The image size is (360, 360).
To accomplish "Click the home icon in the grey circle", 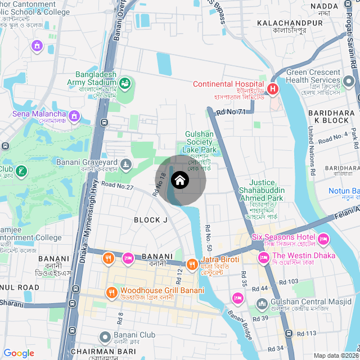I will tap(180, 181).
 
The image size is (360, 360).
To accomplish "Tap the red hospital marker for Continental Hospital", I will tap(273, 89).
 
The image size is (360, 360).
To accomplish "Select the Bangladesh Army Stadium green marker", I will tap(124, 84).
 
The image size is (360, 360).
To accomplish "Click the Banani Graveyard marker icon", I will tap(126, 165).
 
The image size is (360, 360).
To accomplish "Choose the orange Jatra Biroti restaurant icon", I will tap(191, 264).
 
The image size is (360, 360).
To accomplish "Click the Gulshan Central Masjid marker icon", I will tap(262, 305).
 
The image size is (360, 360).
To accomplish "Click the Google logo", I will tap(19, 353).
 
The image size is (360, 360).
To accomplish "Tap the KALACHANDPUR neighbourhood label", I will tap(289, 23).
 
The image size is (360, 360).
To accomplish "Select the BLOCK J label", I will tap(151, 220).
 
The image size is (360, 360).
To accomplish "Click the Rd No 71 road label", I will tap(231, 112).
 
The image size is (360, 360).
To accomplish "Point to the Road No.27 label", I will tap(117, 186).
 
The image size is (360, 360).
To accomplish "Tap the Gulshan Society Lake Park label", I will tap(200, 142).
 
